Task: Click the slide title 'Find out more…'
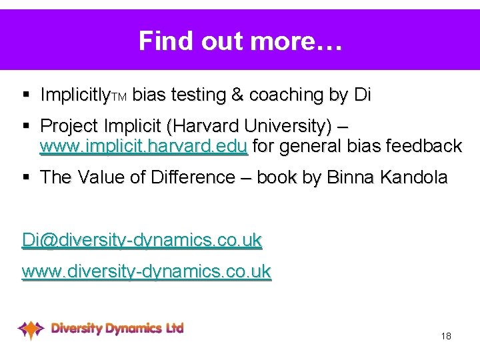click(240, 41)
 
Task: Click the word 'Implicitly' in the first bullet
click(74, 95)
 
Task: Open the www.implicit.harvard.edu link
click(143, 146)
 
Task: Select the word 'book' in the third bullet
click(277, 177)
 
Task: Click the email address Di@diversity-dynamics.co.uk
click(141, 240)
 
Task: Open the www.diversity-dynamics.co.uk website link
click(146, 271)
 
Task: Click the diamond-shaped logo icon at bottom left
click(31, 329)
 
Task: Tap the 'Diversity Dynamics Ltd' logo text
click(117, 328)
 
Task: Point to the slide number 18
click(446, 336)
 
